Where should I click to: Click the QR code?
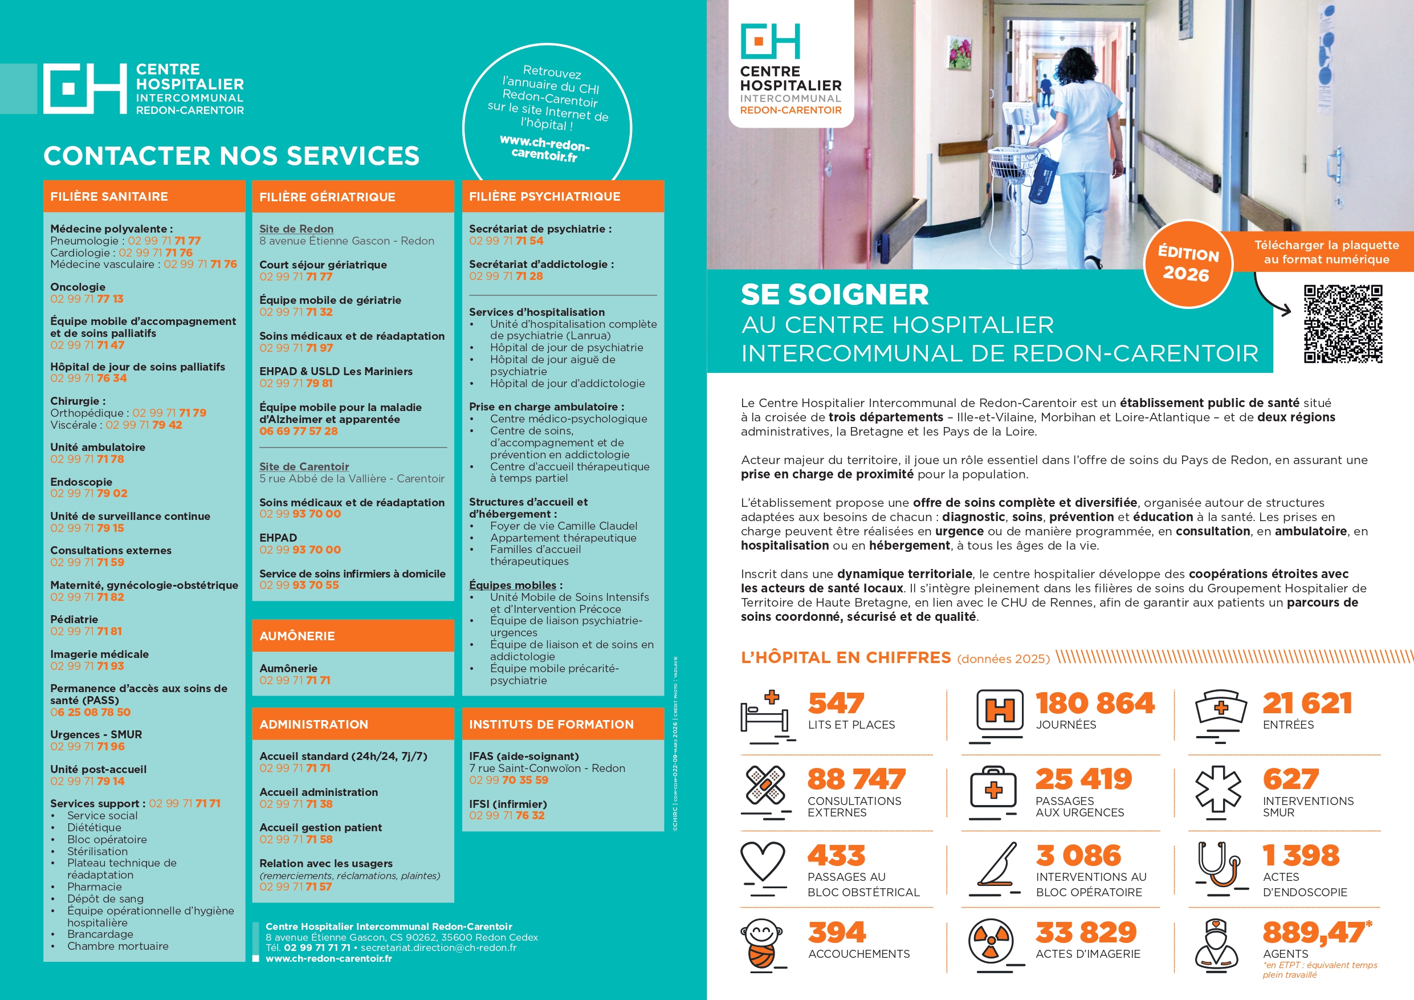coord(1343,323)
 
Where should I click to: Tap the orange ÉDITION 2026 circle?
coord(1188,264)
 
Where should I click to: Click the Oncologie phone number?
coord(87,299)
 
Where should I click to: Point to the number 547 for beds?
coord(836,703)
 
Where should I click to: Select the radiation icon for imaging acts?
coord(991,941)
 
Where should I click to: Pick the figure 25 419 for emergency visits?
coord(1083,779)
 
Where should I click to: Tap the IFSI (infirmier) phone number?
coord(506,815)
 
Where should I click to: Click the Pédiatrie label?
coord(74,619)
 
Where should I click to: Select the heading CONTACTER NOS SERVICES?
coord(231,156)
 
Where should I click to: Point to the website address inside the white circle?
coord(544,148)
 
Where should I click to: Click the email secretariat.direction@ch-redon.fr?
coord(438,948)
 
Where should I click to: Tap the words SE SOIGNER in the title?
coord(834,295)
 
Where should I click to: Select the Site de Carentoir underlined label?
coord(304,466)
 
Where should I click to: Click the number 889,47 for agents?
coord(1313,932)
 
